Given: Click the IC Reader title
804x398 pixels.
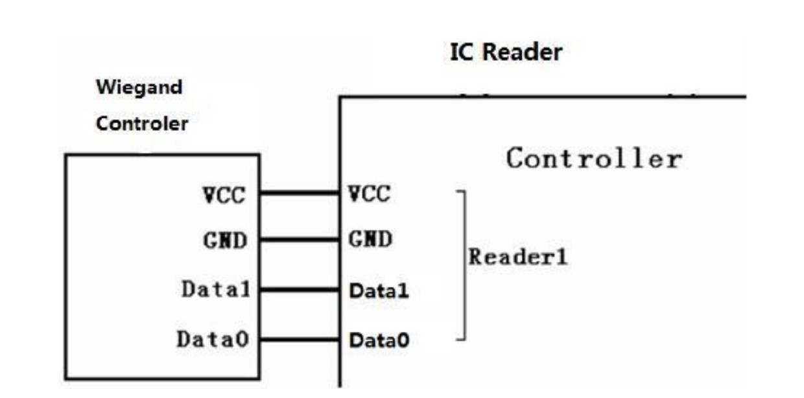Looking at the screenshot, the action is pyautogui.click(x=506, y=53).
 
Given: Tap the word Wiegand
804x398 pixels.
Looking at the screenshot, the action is pyautogui.click(x=139, y=88).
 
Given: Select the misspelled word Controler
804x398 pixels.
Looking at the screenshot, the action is pyautogui.click(x=142, y=124).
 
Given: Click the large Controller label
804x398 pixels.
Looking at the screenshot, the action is pyautogui.click(x=594, y=158).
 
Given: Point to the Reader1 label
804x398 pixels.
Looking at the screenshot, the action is pyautogui.click(x=518, y=257).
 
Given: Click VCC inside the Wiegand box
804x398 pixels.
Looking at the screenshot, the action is pyautogui.click(x=224, y=196).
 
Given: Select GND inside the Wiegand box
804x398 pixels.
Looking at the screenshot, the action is pyautogui.click(x=226, y=240).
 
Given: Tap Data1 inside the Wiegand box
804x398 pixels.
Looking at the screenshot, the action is pyautogui.click(x=216, y=289).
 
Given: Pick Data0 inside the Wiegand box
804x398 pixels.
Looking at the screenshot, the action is pyautogui.click(x=213, y=339).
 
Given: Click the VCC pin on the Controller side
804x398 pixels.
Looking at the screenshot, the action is pyautogui.click(x=370, y=194).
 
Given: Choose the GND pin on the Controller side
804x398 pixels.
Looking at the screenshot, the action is pyautogui.click(x=370, y=239).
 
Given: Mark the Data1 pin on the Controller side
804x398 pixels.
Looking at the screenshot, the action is pyautogui.click(x=379, y=290).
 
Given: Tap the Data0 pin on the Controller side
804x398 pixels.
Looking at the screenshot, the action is pyautogui.click(x=379, y=340).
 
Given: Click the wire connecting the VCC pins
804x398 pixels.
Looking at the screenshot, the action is pyautogui.click(x=300, y=193).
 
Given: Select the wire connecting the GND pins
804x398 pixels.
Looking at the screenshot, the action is pyautogui.click(x=300, y=239).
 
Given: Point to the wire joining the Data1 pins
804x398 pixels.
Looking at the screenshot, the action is pyautogui.click(x=300, y=290).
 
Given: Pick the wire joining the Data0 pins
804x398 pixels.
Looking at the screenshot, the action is pyautogui.click(x=300, y=339).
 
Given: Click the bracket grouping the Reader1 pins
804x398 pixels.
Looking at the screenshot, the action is pyautogui.click(x=465, y=266).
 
